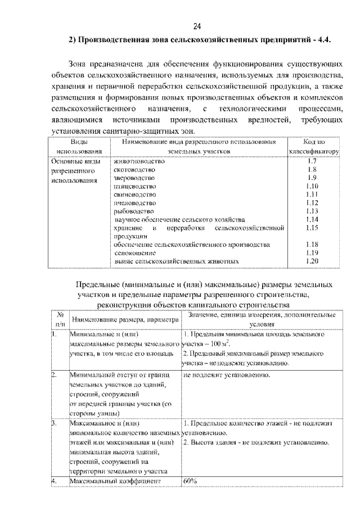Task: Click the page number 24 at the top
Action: (x=197, y=26)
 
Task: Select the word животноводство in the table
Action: (x=139, y=161)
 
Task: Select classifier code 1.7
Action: (x=313, y=161)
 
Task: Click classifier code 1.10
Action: (x=313, y=186)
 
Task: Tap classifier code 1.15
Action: (x=313, y=228)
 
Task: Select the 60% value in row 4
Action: (x=190, y=481)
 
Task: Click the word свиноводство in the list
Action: (x=136, y=194)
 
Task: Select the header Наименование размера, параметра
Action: (x=125, y=319)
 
